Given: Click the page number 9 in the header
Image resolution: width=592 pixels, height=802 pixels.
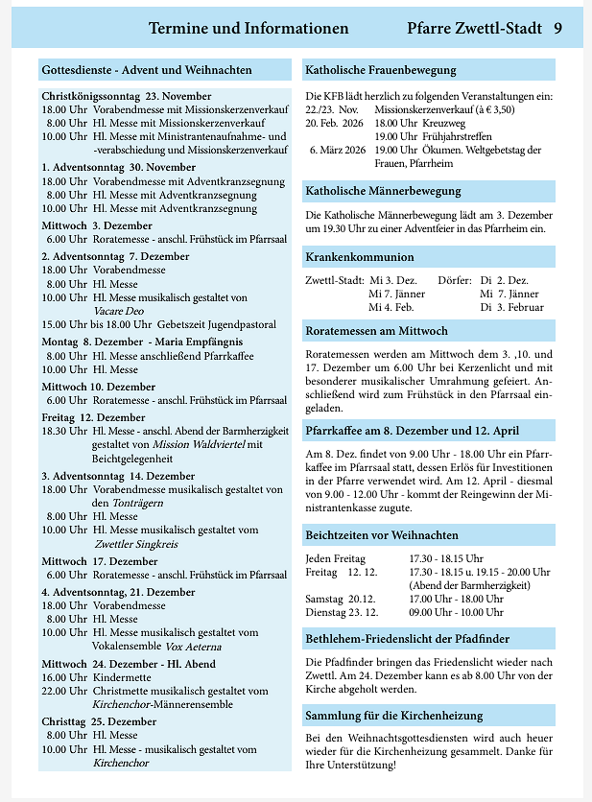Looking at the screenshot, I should point(556,29).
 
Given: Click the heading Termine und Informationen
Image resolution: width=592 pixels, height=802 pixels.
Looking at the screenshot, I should point(249,29).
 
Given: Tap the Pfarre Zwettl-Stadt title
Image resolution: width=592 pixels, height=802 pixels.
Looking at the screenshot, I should point(474,29).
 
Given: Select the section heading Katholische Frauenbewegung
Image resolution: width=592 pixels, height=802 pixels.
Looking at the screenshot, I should point(381,70).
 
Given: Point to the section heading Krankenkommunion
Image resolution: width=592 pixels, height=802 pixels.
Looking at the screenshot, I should point(360,257).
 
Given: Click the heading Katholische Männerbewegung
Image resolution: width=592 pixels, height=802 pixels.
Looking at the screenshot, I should point(383,191).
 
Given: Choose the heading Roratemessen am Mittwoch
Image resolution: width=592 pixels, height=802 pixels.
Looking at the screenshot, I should point(376,331).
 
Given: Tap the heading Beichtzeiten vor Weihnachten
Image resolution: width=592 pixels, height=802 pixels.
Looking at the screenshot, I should point(382,535).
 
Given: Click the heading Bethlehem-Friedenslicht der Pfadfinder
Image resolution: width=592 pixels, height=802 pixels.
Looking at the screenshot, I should point(407,638).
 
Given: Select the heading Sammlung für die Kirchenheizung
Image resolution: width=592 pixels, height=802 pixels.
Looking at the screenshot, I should point(393,716).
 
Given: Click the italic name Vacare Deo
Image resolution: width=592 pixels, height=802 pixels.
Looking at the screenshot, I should point(120,311).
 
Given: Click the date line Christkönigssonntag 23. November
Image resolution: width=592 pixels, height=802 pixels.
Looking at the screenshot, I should point(127,96).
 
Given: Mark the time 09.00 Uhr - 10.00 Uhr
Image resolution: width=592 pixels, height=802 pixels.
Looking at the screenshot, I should point(456,611).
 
